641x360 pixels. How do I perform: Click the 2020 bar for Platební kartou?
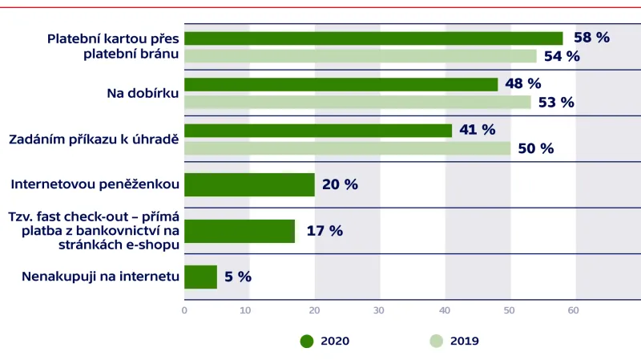pyautogui.click(x=373, y=38)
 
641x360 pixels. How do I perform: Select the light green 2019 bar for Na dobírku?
pyautogui.click(x=357, y=102)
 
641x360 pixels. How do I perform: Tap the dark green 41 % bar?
pyautogui.click(x=318, y=130)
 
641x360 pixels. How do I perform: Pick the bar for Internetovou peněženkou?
pyautogui.click(x=249, y=184)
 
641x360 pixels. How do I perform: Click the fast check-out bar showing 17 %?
pyautogui.click(x=240, y=231)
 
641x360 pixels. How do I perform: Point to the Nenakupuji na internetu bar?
pyautogui.click(x=200, y=277)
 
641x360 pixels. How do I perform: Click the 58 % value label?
pyautogui.click(x=591, y=38)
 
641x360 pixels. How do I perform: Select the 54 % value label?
pyautogui.click(x=562, y=56)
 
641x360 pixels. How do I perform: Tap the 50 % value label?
pyautogui.click(x=535, y=148)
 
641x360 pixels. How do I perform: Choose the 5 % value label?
pyautogui.click(x=238, y=277)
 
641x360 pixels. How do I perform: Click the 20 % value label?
pyautogui.click(x=340, y=184)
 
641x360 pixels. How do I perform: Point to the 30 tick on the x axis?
pyautogui.click(x=380, y=309)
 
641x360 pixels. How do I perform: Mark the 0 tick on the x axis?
pyautogui.click(x=184, y=309)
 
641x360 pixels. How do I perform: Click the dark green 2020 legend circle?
pyautogui.click(x=307, y=341)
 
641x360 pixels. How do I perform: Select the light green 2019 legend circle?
pyautogui.click(x=436, y=341)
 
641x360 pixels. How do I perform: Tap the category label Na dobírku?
pyautogui.click(x=143, y=93)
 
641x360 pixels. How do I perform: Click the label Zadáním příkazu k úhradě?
pyautogui.click(x=94, y=139)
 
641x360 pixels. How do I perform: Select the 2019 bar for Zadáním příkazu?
pyautogui.click(x=347, y=148)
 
